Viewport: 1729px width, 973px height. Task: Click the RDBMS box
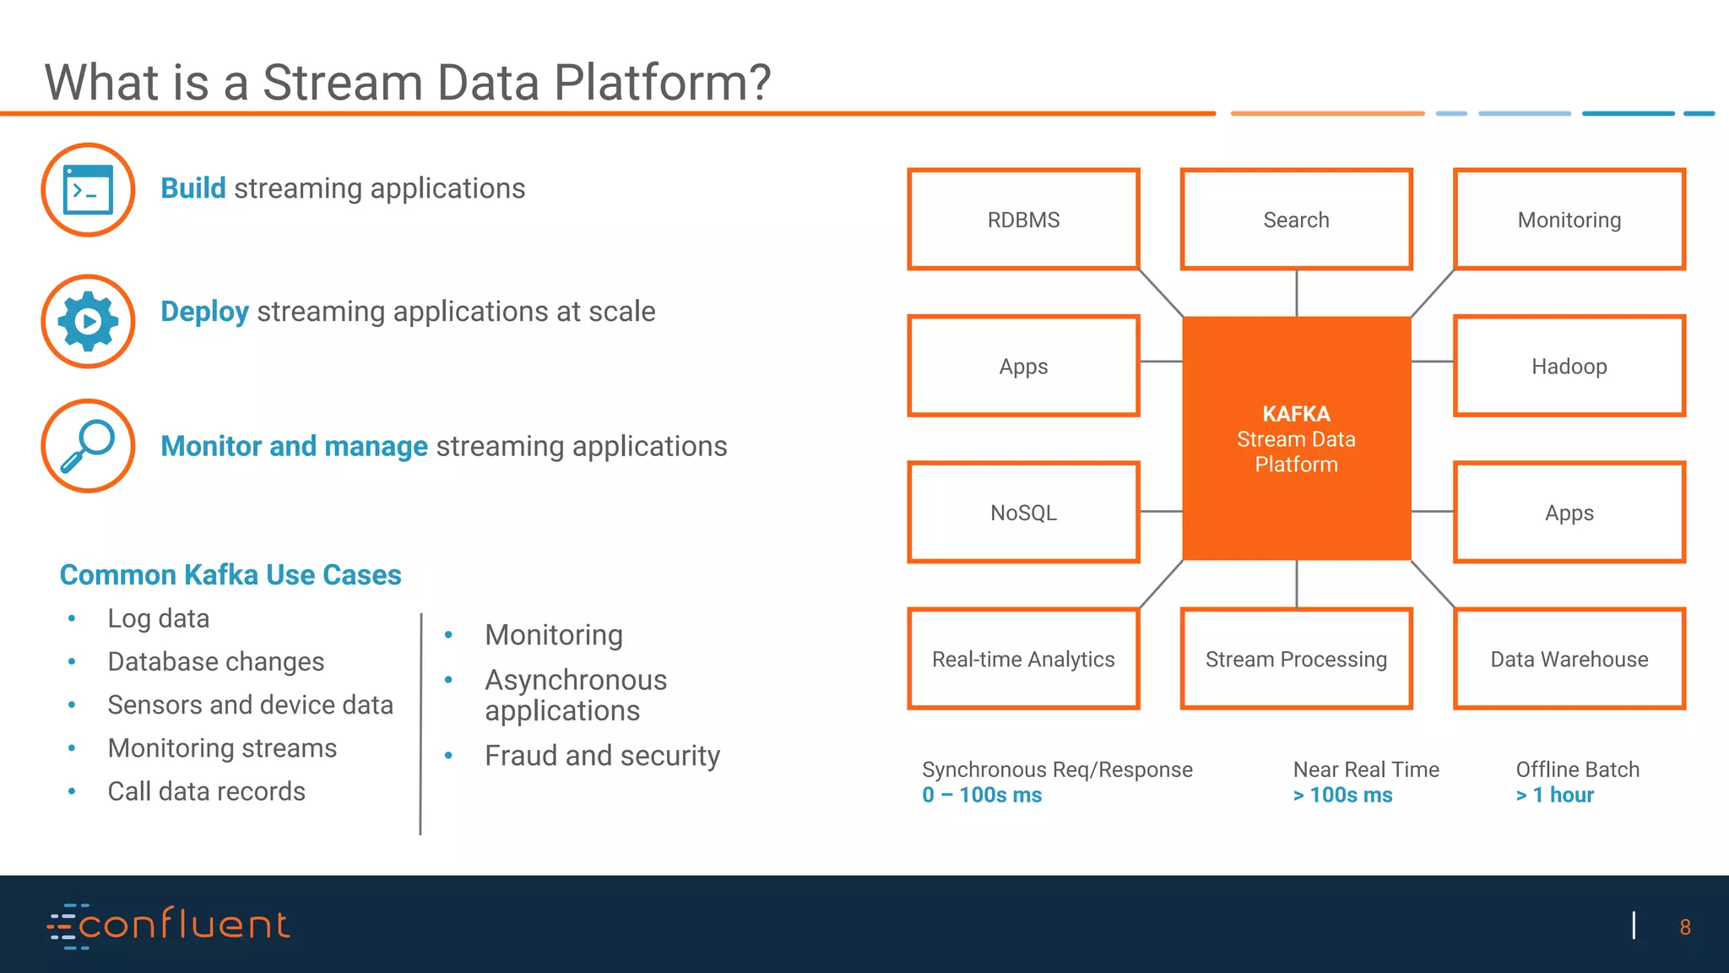(1023, 220)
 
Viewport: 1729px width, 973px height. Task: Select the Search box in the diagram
(1296, 220)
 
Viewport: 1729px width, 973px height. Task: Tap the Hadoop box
(1569, 366)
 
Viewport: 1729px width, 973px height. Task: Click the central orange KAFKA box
(1296, 438)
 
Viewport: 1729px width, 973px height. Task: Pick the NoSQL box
(1023, 512)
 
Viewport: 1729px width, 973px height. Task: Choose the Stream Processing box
(1296, 659)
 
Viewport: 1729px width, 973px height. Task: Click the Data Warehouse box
(1569, 659)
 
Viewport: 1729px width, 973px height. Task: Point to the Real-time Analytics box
(1023, 659)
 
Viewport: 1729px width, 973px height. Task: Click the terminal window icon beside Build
(88, 190)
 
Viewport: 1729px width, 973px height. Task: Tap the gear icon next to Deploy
(88, 321)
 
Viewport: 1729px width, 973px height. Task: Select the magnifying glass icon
(88, 446)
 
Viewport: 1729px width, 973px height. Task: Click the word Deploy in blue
(204, 312)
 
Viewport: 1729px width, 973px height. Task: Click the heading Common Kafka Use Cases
(230, 574)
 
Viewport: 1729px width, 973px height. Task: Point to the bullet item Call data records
(206, 791)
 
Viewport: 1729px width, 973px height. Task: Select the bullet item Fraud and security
(602, 755)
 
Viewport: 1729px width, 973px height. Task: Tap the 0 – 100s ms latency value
(982, 795)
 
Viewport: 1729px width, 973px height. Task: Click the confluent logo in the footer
(169, 926)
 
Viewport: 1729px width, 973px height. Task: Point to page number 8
(1684, 927)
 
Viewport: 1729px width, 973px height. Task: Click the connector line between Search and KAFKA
(1297, 293)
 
